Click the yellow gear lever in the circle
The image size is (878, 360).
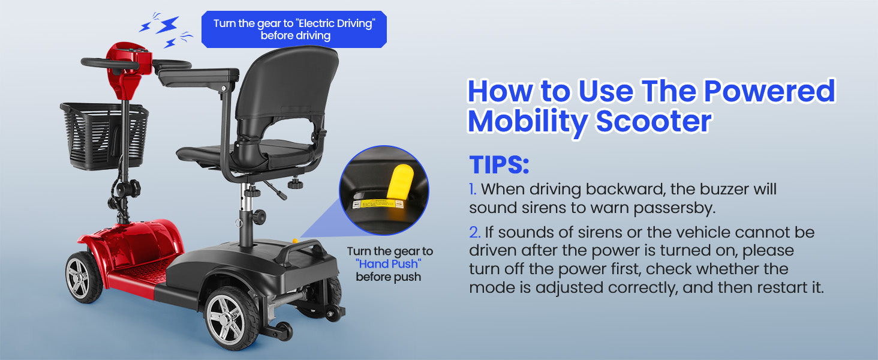coord(400,181)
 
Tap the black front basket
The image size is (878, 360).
coord(104,136)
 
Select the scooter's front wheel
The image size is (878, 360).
coord(83,277)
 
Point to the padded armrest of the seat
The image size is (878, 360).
coord(199,76)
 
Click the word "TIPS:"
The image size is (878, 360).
coord(499,164)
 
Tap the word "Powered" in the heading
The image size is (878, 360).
coord(769,91)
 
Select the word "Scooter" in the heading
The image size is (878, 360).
coord(654,121)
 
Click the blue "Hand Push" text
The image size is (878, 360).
coord(389,264)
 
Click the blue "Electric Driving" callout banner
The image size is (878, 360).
coord(294,29)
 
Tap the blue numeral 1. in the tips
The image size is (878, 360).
coord(473,190)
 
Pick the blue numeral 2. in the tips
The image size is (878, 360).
coord(474,233)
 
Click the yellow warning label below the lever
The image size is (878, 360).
coord(378,204)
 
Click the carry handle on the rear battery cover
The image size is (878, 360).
coord(301,250)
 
